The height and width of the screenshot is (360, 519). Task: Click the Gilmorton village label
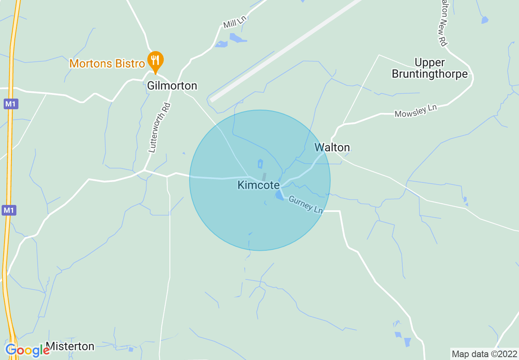tap(172, 85)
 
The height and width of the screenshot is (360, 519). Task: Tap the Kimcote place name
tap(258, 185)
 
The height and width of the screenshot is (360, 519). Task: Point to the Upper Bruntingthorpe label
tap(429, 68)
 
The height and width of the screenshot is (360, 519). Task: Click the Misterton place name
tap(70, 346)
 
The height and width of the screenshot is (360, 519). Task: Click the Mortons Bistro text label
tap(107, 63)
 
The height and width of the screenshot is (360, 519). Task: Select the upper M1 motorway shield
tap(11, 104)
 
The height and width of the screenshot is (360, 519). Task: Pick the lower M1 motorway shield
tap(9, 210)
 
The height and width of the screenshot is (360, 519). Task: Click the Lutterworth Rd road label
tap(159, 128)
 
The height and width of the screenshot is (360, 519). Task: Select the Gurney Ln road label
tap(306, 205)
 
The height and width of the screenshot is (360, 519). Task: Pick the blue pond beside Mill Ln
tap(238, 38)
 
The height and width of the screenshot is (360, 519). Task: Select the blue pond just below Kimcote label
tap(280, 195)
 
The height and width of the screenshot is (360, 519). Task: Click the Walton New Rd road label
tap(442, 22)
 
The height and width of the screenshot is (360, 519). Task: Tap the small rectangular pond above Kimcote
tap(260, 164)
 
